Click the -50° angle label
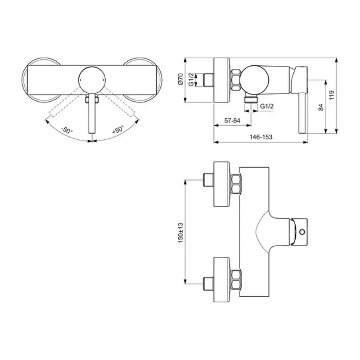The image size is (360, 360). [x=67, y=130]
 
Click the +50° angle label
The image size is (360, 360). [x=117, y=130]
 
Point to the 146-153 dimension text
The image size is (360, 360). [x=261, y=137]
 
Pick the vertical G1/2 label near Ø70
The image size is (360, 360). [x=191, y=80]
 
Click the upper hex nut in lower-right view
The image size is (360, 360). [x=235, y=185]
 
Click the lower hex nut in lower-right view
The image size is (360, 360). [x=235, y=279]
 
